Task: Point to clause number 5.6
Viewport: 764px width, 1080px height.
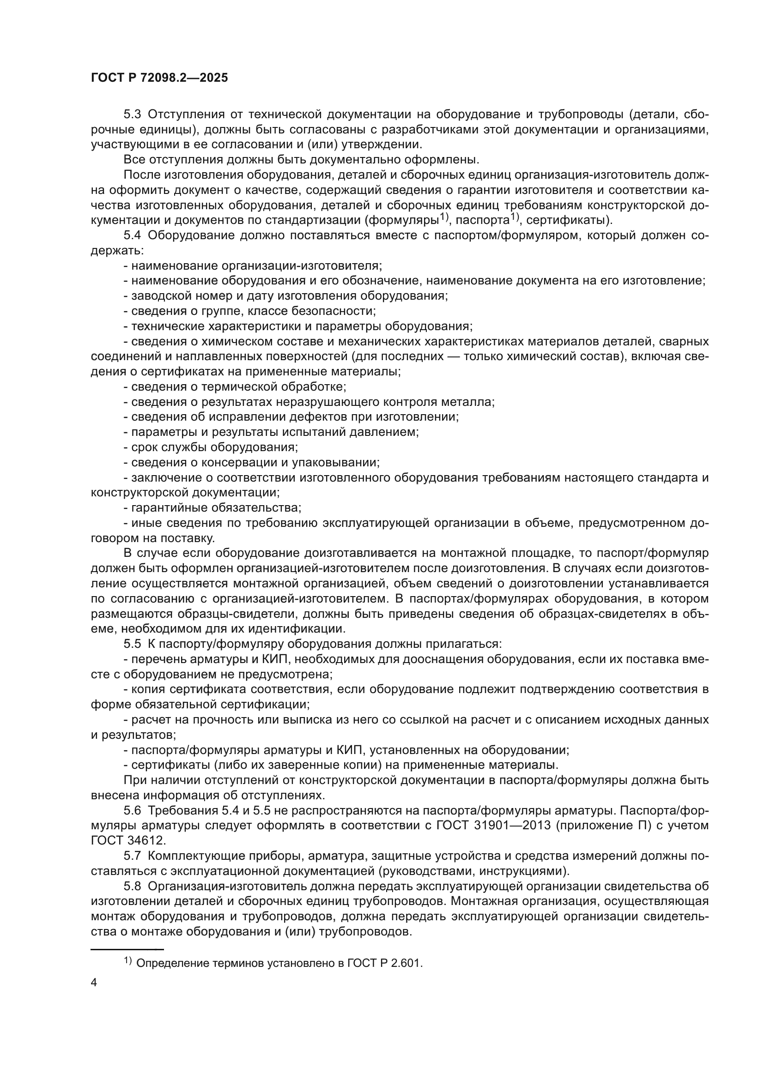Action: pyautogui.click(x=132, y=810)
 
